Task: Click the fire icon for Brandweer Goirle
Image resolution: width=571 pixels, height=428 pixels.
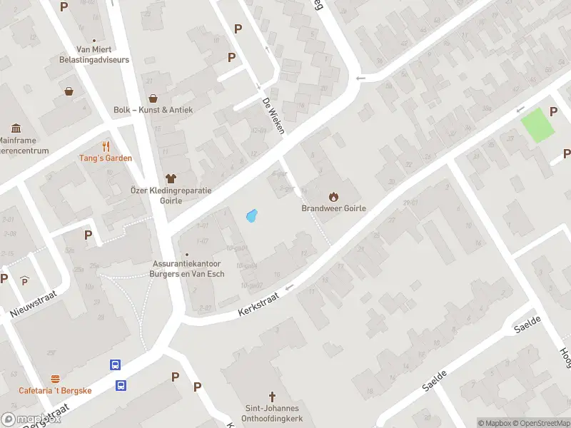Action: [x=333, y=196]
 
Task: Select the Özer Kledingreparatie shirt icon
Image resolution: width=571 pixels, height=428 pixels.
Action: [x=171, y=178]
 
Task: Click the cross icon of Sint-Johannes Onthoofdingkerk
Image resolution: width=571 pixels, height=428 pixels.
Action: [x=271, y=396]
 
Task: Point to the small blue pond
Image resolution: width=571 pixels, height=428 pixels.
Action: [x=251, y=215]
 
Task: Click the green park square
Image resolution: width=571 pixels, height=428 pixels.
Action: [x=537, y=126]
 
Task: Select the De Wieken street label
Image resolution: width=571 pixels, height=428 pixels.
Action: [x=273, y=115]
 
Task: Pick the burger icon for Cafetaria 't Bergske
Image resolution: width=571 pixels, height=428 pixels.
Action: [x=55, y=379]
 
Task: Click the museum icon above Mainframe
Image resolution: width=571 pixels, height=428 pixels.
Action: [x=16, y=128]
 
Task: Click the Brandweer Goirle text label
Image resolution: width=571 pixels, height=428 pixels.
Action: [x=333, y=209]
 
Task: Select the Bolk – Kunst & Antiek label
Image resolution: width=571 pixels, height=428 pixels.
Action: [x=153, y=110]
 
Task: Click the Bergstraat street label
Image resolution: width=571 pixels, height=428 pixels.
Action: [x=46, y=416]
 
